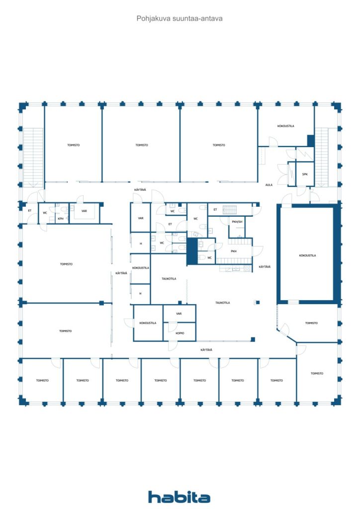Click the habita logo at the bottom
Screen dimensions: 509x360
(179, 497)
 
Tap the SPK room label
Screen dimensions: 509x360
(305, 174)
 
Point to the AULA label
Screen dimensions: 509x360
(269, 185)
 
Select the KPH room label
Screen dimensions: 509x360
(61, 218)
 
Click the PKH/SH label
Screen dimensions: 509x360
(237, 221)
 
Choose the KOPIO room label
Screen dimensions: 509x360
(180, 333)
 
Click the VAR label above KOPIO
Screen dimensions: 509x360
(179, 314)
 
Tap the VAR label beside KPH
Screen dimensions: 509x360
(84, 211)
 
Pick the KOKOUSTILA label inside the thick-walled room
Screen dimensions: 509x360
(307, 255)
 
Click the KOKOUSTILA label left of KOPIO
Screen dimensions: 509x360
(148, 323)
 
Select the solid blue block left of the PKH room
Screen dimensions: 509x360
(192, 252)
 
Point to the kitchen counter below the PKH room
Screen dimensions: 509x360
(236, 268)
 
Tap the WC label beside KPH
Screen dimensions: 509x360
(45, 213)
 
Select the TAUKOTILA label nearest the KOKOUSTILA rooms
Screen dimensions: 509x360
(169, 279)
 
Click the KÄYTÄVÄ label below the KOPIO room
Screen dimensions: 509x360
(206, 350)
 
